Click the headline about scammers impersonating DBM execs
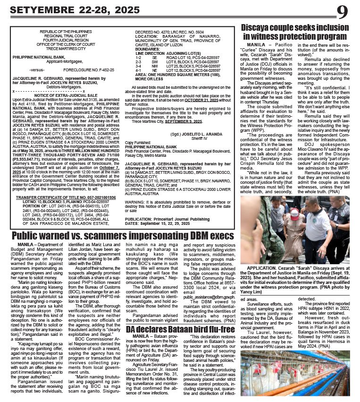[123, 236]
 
